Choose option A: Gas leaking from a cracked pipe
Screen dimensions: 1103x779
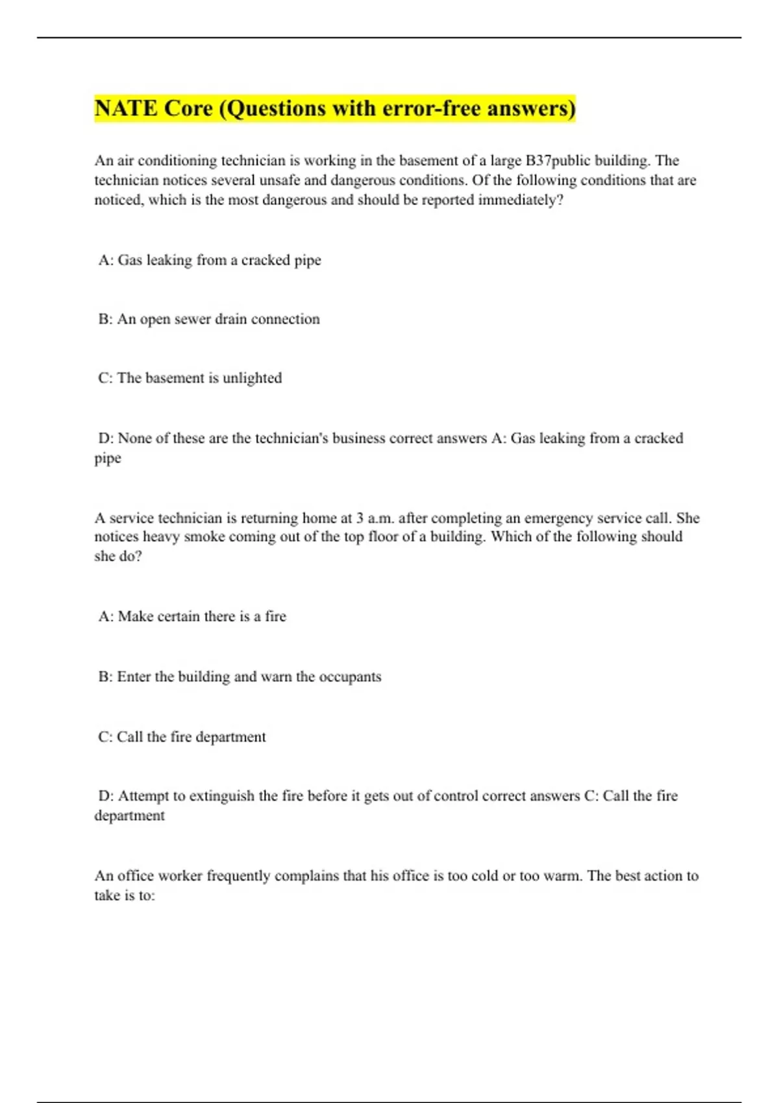click(210, 260)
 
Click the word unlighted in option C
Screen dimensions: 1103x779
click(252, 378)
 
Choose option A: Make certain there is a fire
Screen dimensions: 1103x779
click(192, 616)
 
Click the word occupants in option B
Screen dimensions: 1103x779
click(350, 677)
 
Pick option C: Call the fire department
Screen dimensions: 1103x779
click(182, 737)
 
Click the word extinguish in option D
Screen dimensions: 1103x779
click(221, 796)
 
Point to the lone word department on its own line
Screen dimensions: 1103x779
click(129, 816)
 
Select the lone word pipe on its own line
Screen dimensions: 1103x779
click(108, 458)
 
